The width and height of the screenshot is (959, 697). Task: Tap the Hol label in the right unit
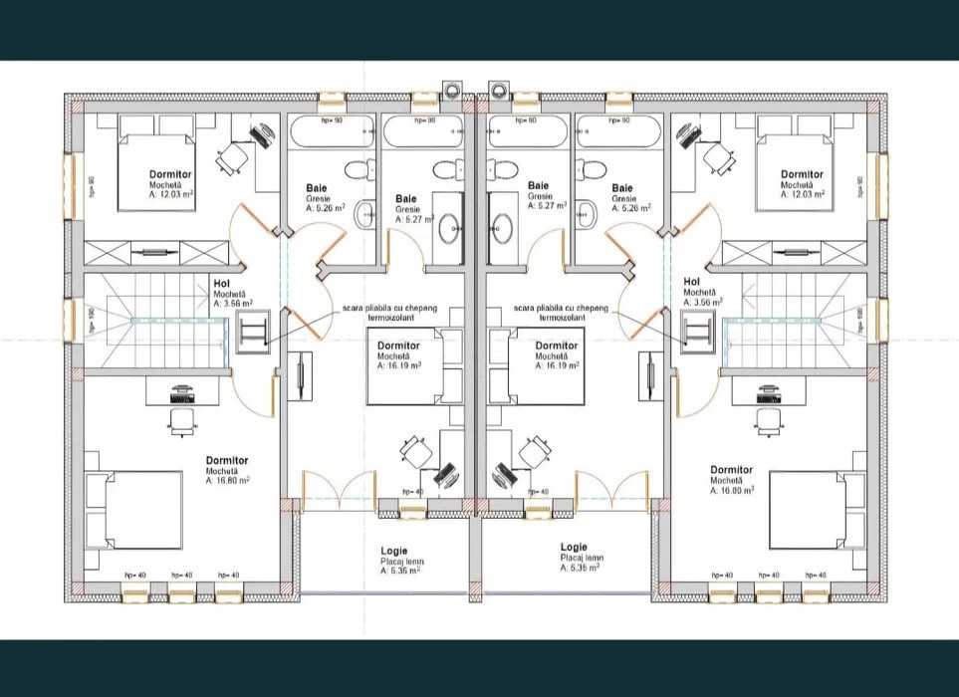click(x=691, y=281)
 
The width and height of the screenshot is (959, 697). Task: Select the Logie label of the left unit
click(x=393, y=549)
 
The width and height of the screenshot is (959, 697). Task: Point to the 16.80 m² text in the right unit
click(x=731, y=490)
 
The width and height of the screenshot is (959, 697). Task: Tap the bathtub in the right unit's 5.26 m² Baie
click(x=617, y=132)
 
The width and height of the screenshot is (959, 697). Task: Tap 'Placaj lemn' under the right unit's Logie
click(x=574, y=559)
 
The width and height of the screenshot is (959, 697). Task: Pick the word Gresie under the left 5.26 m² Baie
click(x=319, y=198)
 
